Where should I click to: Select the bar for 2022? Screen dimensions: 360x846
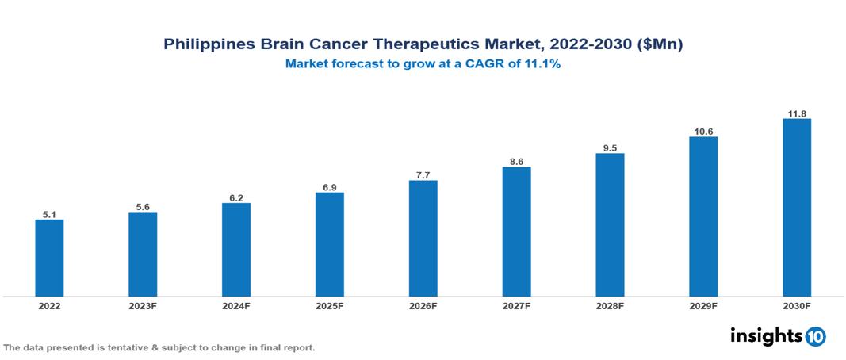point(49,258)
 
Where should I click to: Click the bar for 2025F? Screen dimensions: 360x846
point(329,244)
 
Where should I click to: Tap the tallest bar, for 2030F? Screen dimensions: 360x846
point(796,208)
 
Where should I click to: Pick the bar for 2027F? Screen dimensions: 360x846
point(516,232)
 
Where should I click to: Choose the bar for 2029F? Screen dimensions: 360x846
point(703,216)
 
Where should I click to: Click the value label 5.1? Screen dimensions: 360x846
point(49,213)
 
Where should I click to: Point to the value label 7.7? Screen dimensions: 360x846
point(423,174)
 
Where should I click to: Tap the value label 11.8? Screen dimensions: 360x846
point(796,113)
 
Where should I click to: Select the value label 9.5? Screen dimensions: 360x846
point(610,147)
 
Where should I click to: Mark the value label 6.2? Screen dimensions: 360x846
point(236,197)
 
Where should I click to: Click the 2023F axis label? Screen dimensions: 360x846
point(143,306)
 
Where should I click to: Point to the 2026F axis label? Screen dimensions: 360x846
point(423,306)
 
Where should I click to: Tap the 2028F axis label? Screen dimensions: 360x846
point(610,306)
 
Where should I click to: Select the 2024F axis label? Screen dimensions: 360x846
point(236,306)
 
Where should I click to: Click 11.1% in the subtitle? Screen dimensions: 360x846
point(543,65)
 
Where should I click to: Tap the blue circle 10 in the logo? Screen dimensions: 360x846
point(815,336)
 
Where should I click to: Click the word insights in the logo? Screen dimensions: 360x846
point(766,335)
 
